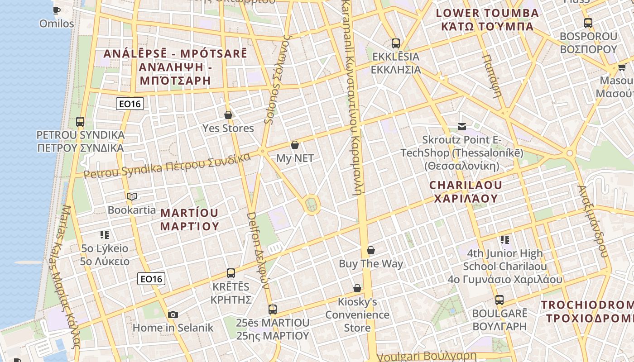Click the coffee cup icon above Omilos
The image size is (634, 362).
pos(56,10)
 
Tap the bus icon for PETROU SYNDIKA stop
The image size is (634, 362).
pos(80,121)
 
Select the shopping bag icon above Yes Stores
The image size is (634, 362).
pos(228,115)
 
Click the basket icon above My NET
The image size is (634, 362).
pos(295,145)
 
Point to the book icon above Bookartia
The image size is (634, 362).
pos(132,196)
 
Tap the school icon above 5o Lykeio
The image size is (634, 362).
pos(105,234)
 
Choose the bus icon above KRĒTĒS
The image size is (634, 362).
pos(231,273)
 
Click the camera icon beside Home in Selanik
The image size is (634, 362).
pos(173,314)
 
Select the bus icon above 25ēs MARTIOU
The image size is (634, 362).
pos(272,310)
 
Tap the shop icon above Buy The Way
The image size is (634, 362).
pos(371,250)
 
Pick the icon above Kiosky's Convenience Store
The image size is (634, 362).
pos(357,288)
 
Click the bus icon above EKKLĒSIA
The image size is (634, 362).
pos(396,43)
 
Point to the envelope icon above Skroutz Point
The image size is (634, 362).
pos(461,126)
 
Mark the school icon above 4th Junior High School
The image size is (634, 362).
pos(505,239)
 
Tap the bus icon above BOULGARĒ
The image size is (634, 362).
pos(500,300)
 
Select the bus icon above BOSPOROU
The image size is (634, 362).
pos(588,23)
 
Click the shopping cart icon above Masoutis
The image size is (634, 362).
pos(622,68)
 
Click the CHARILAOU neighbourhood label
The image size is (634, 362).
pos(466,191)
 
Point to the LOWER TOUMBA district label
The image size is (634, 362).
pos(487,19)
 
